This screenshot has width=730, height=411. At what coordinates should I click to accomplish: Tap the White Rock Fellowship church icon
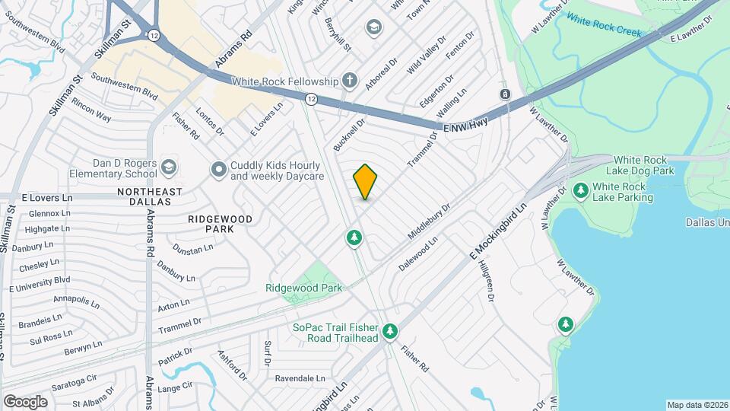[x=349, y=81]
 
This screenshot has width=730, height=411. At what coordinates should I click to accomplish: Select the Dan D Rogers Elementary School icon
[x=168, y=166]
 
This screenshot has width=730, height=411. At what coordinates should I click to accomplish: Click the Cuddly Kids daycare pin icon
[x=219, y=169]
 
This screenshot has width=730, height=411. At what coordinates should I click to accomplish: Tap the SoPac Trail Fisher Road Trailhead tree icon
[x=390, y=331]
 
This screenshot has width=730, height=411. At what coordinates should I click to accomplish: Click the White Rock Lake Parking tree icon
[x=580, y=190]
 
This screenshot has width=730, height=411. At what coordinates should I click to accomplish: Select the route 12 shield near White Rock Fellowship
[x=312, y=99]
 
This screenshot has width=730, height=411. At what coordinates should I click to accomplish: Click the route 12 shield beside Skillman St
[x=154, y=35]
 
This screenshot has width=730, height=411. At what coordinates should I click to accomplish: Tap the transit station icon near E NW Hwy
[x=504, y=94]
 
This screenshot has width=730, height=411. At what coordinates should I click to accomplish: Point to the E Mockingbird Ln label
[x=498, y=230]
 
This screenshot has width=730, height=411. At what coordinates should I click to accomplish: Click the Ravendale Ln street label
[x=300, y=378]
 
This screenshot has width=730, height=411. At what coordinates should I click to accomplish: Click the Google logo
[x=25, y=400]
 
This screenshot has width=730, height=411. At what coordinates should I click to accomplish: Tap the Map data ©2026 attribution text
[x=697, y=405]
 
